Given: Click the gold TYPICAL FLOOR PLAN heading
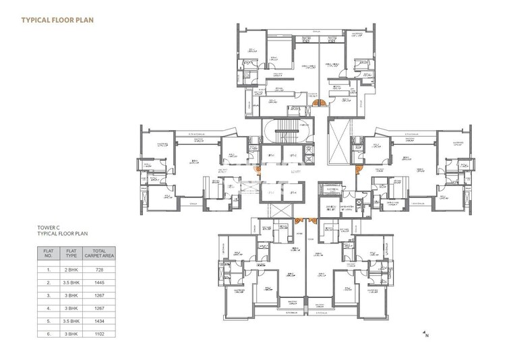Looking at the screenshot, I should (58, 20).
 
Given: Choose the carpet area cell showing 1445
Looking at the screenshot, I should (99, 282).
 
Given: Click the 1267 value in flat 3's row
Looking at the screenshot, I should (99, 295).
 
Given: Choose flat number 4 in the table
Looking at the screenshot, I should (49, 309).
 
